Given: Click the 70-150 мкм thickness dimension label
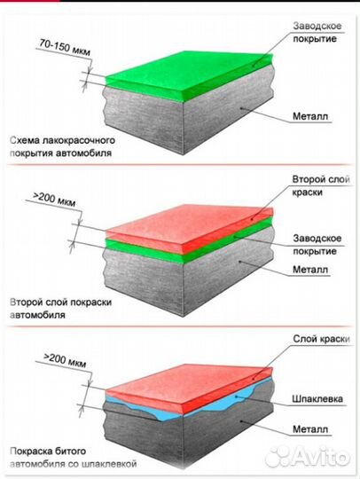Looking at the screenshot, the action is point(65,48).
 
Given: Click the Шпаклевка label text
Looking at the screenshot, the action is point(317,398).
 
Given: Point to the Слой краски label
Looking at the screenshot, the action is point(321,339).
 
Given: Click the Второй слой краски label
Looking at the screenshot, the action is point(321,185).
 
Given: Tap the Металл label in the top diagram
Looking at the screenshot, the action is point(310,116).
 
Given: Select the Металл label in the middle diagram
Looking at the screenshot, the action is point(310,270).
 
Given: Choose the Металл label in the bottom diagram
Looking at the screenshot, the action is point(310,429).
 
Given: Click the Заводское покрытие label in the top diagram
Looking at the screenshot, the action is point(317,32).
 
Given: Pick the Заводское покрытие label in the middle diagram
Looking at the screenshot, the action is point(317,245).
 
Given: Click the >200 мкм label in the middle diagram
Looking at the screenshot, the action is point(54,200).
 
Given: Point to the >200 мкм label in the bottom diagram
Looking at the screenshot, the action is point(65,360).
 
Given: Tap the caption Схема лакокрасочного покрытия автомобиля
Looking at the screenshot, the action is point(62,146).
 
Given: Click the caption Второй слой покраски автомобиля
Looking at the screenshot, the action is point(60,308).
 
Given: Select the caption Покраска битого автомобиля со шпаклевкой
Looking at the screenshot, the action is point(73,458).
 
